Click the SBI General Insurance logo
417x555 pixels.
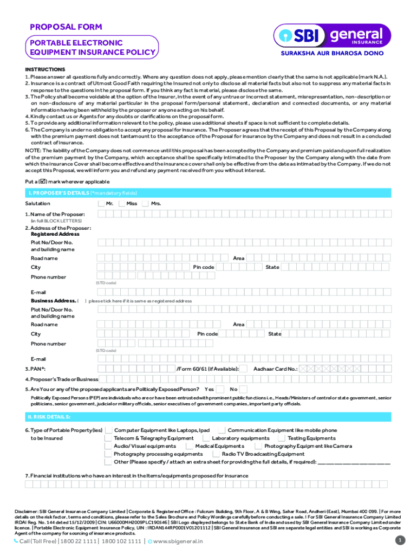tap(331, 36)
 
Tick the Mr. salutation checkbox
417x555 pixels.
tap(101, 203)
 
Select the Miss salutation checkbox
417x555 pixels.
tap(122, 203)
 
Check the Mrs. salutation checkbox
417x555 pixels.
tap(145, 203)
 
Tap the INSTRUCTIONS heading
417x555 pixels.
tap(45, 69)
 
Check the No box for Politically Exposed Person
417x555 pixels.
tap(244, 389)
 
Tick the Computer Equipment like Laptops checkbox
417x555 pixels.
tap(109, 430)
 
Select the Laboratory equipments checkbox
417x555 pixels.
tap(206, 438)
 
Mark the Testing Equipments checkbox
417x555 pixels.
tap(282, 438)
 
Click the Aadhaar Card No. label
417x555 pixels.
tap(275, 369)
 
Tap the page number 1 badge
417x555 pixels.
tap(400, 540)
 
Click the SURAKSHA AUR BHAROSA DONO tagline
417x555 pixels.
tap(331, 54)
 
